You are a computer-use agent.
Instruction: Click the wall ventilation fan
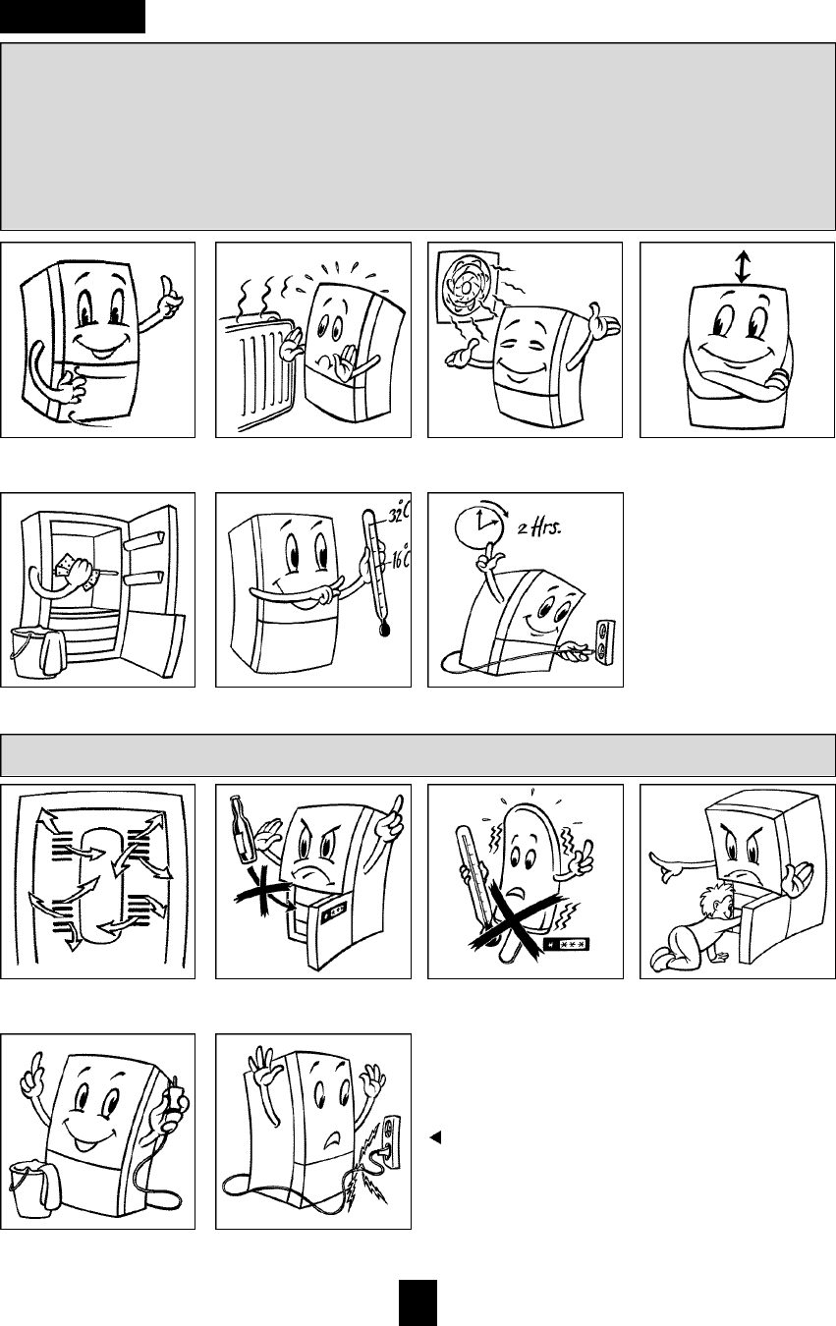[468, 287]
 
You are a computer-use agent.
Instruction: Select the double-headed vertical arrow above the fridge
[742, 267]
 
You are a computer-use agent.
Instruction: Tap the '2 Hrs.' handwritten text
[538, 526]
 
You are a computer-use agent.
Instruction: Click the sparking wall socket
[391, 1133]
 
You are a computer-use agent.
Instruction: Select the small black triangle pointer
[435, 1137]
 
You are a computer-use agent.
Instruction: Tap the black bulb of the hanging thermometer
[385, 630]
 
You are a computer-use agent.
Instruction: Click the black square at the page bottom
[418, 1302]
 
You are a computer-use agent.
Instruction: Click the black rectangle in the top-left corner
[73, 16]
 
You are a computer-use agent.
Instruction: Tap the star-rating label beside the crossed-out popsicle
[567, 942]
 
